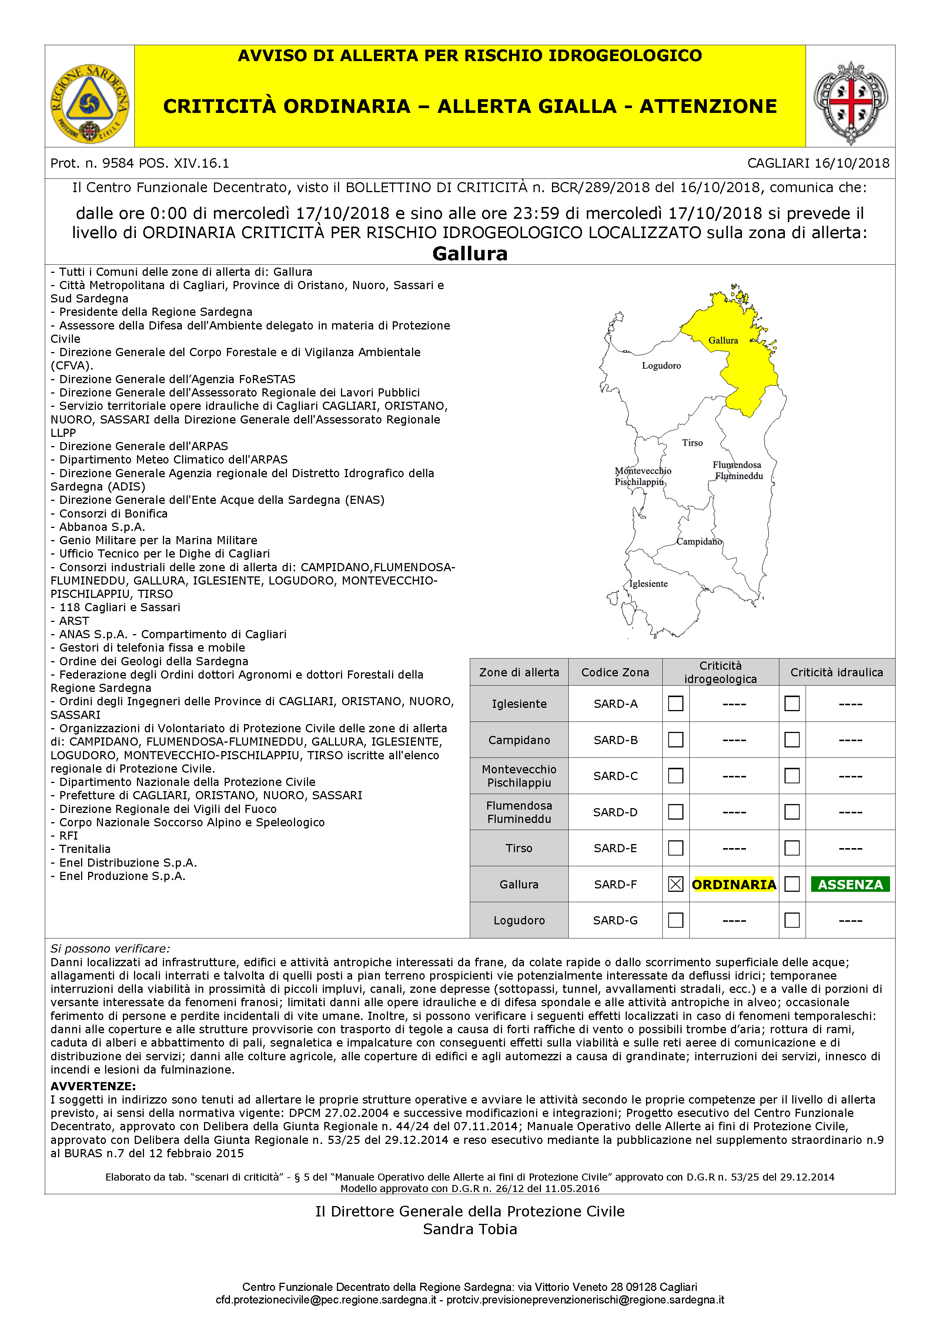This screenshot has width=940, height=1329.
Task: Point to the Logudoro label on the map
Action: (x=661, y=366)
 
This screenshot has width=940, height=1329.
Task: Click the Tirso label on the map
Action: (x=692, y=443)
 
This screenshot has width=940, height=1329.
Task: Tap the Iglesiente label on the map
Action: (x=649, y=583)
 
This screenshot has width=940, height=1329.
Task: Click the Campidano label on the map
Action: (x=699, y=541)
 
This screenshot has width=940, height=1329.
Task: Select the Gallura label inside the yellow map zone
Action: (x=723, y=340)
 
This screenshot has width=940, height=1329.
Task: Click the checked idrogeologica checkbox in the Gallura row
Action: (x=676, y=884)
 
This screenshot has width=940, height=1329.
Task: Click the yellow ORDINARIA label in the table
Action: (x=734, y=884)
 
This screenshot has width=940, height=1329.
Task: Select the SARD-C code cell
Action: (x=615, y=776)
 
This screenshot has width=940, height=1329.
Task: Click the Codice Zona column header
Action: (x=615, y=672)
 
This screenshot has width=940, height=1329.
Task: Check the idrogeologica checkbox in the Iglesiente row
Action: (x=676, y=703)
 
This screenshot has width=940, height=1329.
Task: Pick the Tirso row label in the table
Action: (x=519, y=848)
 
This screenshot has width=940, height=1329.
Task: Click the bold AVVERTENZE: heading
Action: (x=93, y=1086)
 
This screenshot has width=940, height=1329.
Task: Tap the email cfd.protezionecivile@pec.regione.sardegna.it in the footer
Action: (x=326, y=1300)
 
